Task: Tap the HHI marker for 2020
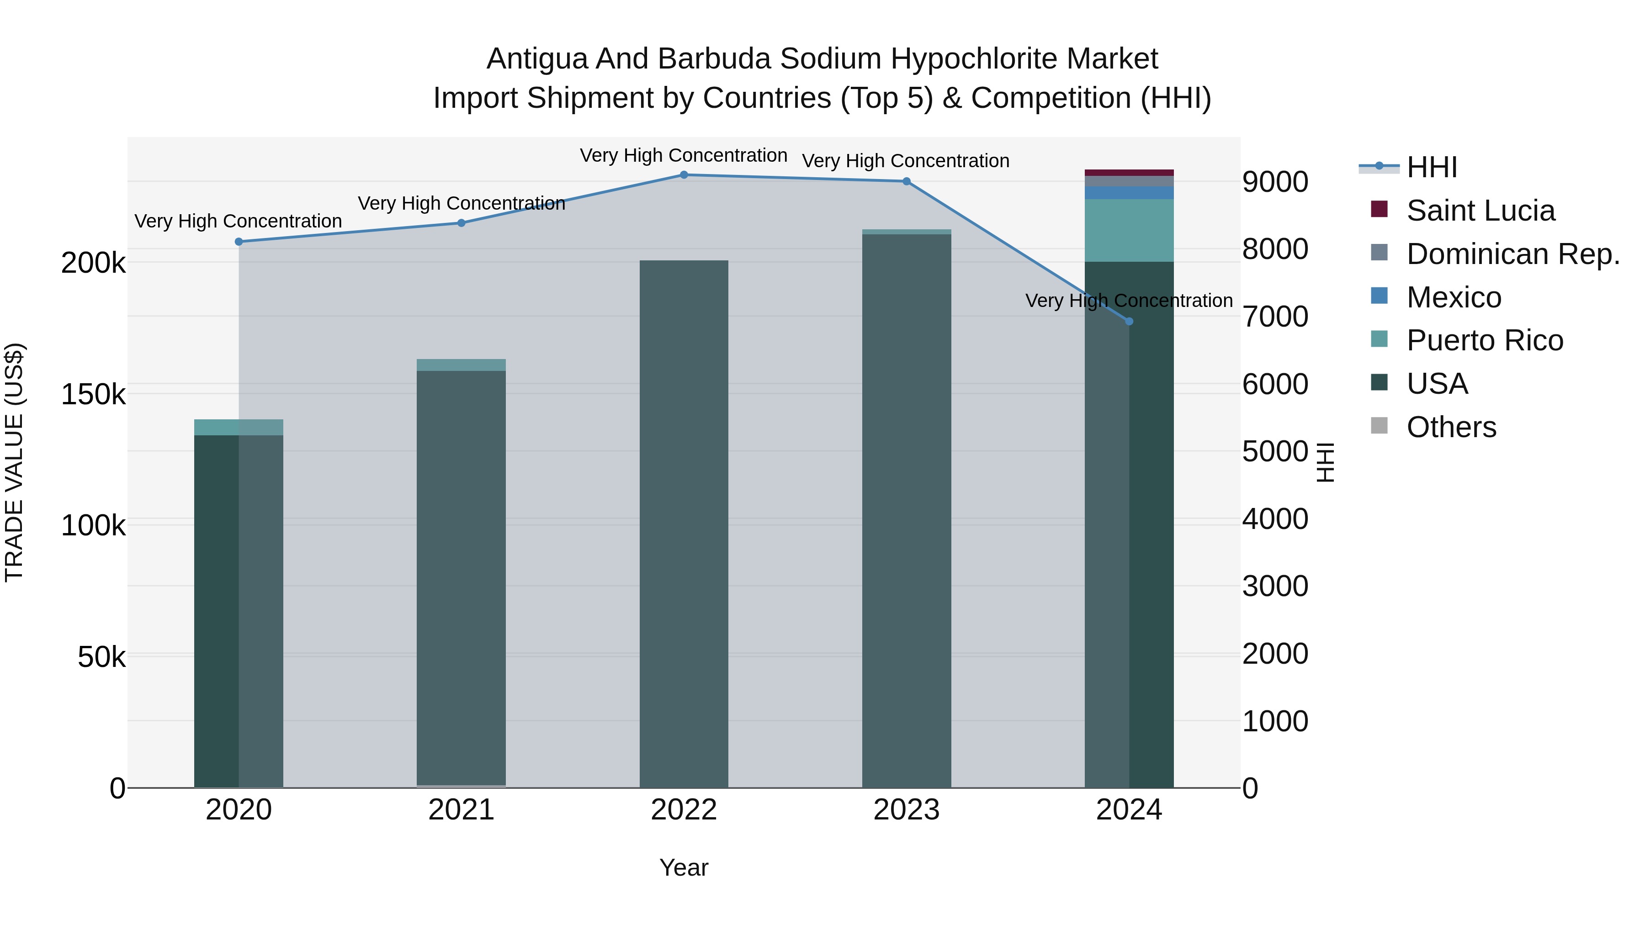[239, 241]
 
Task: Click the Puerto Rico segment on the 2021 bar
[461, 365]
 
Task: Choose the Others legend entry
[1451, 427]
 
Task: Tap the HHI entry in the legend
[1431, 167]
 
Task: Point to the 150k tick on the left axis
[93, 394]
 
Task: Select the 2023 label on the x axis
[906, 810]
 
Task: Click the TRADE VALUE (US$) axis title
[14, 462]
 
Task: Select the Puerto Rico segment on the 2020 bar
[239, 427]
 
